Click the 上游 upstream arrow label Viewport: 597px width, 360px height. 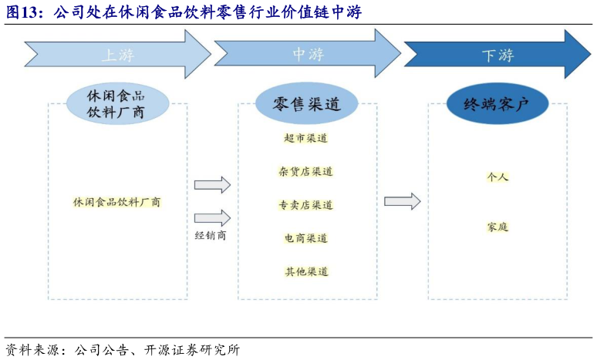click(117, 55)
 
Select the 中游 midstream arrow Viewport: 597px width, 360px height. click(307, 55)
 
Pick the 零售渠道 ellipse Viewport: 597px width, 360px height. click(307, 105)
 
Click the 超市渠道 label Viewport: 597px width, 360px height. click(306, 139)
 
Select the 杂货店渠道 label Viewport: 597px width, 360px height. click(306, 172)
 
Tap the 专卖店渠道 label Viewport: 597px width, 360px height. click(306, 205)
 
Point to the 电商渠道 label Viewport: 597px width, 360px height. click(306, 238)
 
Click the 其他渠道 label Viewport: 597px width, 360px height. click(306, 271)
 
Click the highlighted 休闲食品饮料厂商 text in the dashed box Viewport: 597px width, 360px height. click(117, 202)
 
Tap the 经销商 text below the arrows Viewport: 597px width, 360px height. click(211, 235)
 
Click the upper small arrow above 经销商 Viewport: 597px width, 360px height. click(212, 185)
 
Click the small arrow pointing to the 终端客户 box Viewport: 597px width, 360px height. click(403, 201)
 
